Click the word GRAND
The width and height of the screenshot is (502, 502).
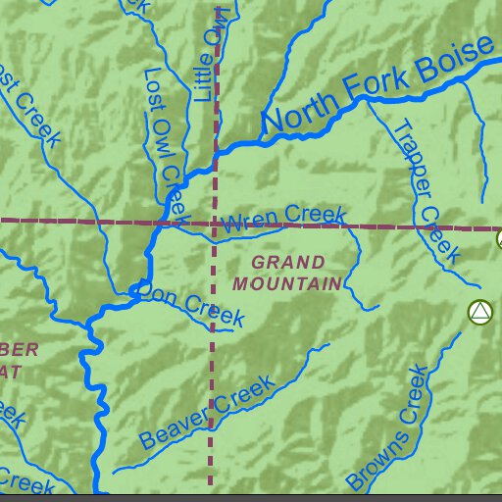(287, 263)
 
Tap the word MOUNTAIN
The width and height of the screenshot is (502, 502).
(287, 283)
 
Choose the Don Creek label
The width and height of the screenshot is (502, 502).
(192, 304)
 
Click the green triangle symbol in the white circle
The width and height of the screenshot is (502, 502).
(478, 313)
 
